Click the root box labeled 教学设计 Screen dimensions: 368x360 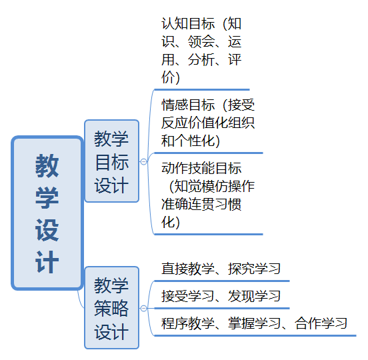tap(47, 213)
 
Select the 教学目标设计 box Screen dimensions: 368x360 tap(112, 161)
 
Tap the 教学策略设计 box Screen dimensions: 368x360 tap(112, 307)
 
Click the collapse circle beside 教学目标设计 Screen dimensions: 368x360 tap(143, 161)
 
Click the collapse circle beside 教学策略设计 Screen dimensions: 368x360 tap(143, 308)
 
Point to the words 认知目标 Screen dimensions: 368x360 tap(188, 23)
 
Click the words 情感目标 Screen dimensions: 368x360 tap(188, 105)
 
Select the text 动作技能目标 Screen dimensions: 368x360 tap(201, 168)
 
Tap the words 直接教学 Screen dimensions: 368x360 tap(188, 269)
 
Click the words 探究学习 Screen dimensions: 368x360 tap(255, 269)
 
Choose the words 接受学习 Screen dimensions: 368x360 tap(188, 296)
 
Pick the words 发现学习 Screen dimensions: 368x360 tap(255, 296)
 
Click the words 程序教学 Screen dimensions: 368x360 tap(188, 323)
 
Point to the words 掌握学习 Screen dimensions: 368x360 tap(255, 323)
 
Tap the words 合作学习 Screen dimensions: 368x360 tap(321, 323)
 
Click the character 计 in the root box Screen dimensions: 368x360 tap(47, 262)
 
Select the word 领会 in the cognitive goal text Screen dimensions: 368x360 tap(201, 41)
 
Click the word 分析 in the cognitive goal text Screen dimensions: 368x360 tap(201, 59)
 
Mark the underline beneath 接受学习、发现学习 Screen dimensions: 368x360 tap(222, 309)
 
